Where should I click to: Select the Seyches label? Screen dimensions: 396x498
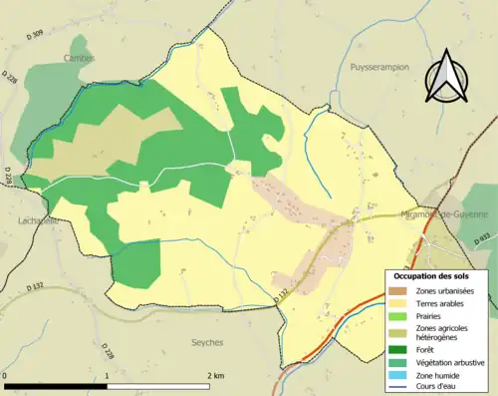[207, 341]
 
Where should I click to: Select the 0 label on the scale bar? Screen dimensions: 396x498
[5, 374]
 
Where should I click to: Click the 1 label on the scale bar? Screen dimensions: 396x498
[107, 374]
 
